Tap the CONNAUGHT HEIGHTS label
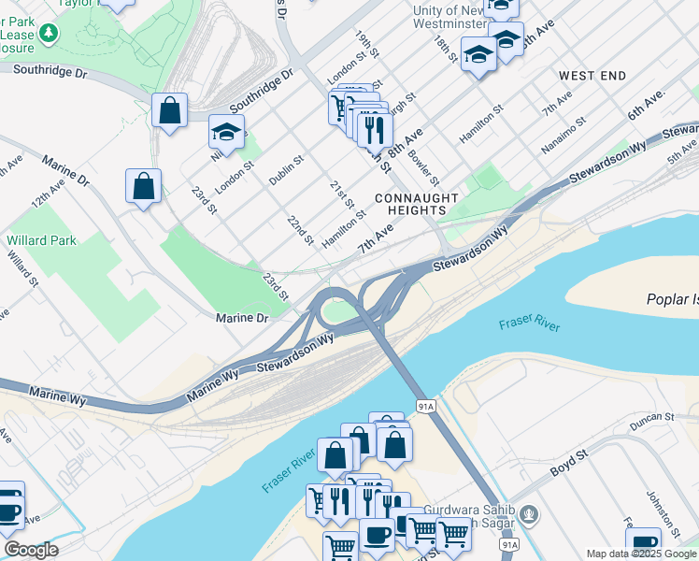(417, 205)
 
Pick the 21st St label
(342, 195)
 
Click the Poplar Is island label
(672, 300)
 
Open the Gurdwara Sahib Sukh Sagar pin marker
(529, 513)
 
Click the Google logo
(31, 550)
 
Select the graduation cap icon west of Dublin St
(226, 133)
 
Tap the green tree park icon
(46, 34)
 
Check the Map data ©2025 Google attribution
(641, 554)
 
